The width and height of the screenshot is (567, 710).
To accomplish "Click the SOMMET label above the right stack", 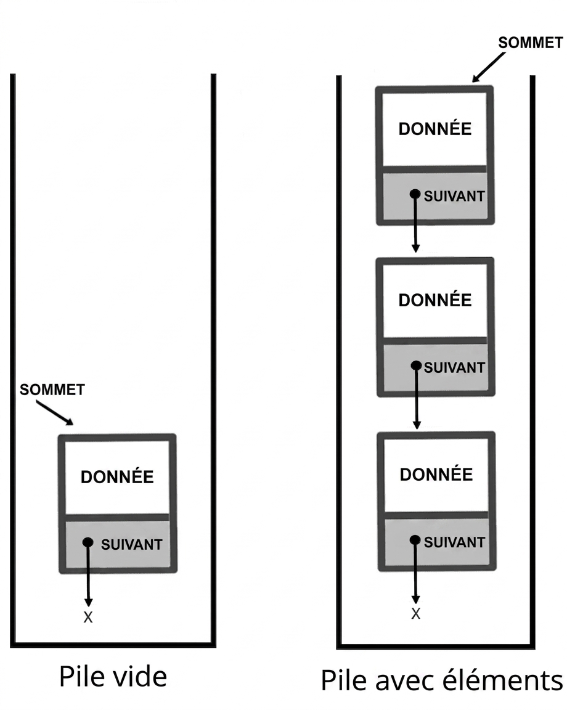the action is coord(530,43).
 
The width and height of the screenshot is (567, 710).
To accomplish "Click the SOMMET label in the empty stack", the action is coord(52,390).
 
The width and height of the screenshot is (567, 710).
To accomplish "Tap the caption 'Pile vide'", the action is coord(113,677).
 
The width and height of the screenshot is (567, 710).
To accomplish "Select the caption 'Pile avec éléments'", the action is coord(441,680).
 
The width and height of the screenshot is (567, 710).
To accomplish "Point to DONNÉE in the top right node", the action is coord(435,128).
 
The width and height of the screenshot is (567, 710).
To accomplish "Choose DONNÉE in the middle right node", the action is coord(435,300).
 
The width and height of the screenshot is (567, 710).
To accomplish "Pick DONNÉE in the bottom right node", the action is coord(436,473).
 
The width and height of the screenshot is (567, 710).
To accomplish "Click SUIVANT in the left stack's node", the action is coord(132,544).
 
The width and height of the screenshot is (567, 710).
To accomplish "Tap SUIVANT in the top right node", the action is coord(454,196).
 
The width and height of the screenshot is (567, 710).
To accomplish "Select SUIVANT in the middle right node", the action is coord(454,367).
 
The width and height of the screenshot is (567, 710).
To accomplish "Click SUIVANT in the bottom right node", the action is coord(454,542).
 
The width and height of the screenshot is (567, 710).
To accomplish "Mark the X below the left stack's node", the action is coord(88,617).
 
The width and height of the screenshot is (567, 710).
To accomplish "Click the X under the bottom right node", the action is coord(416,614).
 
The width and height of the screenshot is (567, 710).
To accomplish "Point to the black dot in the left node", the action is coord(88,542).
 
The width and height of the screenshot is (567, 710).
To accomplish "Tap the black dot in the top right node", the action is coord(415,194).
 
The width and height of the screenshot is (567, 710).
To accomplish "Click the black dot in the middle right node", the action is coord(416,365).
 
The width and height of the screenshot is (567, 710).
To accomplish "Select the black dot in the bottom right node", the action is coord(415,540).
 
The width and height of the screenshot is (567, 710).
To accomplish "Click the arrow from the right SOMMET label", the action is coord(489,67).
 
